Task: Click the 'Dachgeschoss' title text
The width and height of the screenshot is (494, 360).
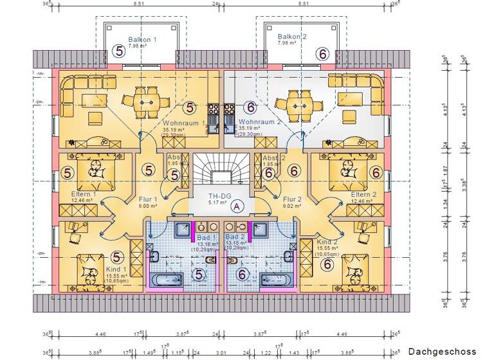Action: [x=443, y=352]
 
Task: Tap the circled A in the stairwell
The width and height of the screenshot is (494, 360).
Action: [x=237, y=206]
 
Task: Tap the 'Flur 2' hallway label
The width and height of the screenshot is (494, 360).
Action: [x=293, y=199]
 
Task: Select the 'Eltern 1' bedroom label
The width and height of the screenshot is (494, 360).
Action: [x=84, y=194]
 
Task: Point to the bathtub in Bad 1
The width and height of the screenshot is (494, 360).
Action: [x=167, y=279]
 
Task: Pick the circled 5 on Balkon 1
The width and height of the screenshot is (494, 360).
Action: [x=118, y=51]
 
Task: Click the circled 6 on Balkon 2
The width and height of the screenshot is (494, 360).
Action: [x=324, y=54]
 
